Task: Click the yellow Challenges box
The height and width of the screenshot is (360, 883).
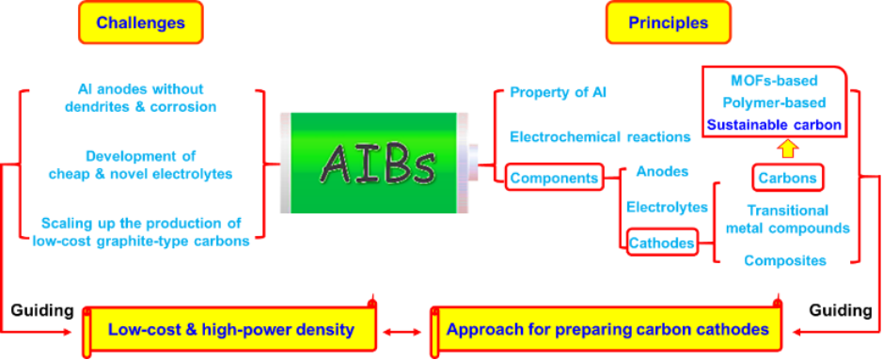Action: [x=141, y=23]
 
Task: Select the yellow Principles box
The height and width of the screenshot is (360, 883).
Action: [x=669, y=23]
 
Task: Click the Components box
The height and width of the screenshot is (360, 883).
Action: [x=554, y=179]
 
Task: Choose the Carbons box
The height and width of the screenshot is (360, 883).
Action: [x=788, y=178]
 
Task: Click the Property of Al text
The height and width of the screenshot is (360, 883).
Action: [x=559, y=92]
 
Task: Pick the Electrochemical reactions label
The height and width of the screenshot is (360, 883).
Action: [x=600, y=136]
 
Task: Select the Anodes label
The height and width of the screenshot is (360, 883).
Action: [x=662, y=172]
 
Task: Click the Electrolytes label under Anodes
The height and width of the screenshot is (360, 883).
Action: [x=668, y=207]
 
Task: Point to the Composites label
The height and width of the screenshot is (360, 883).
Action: [x=785, y=260]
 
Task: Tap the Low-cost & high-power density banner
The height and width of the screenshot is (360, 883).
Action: [x=230, y=329]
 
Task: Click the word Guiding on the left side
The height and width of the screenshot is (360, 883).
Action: [x=42, y=310]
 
